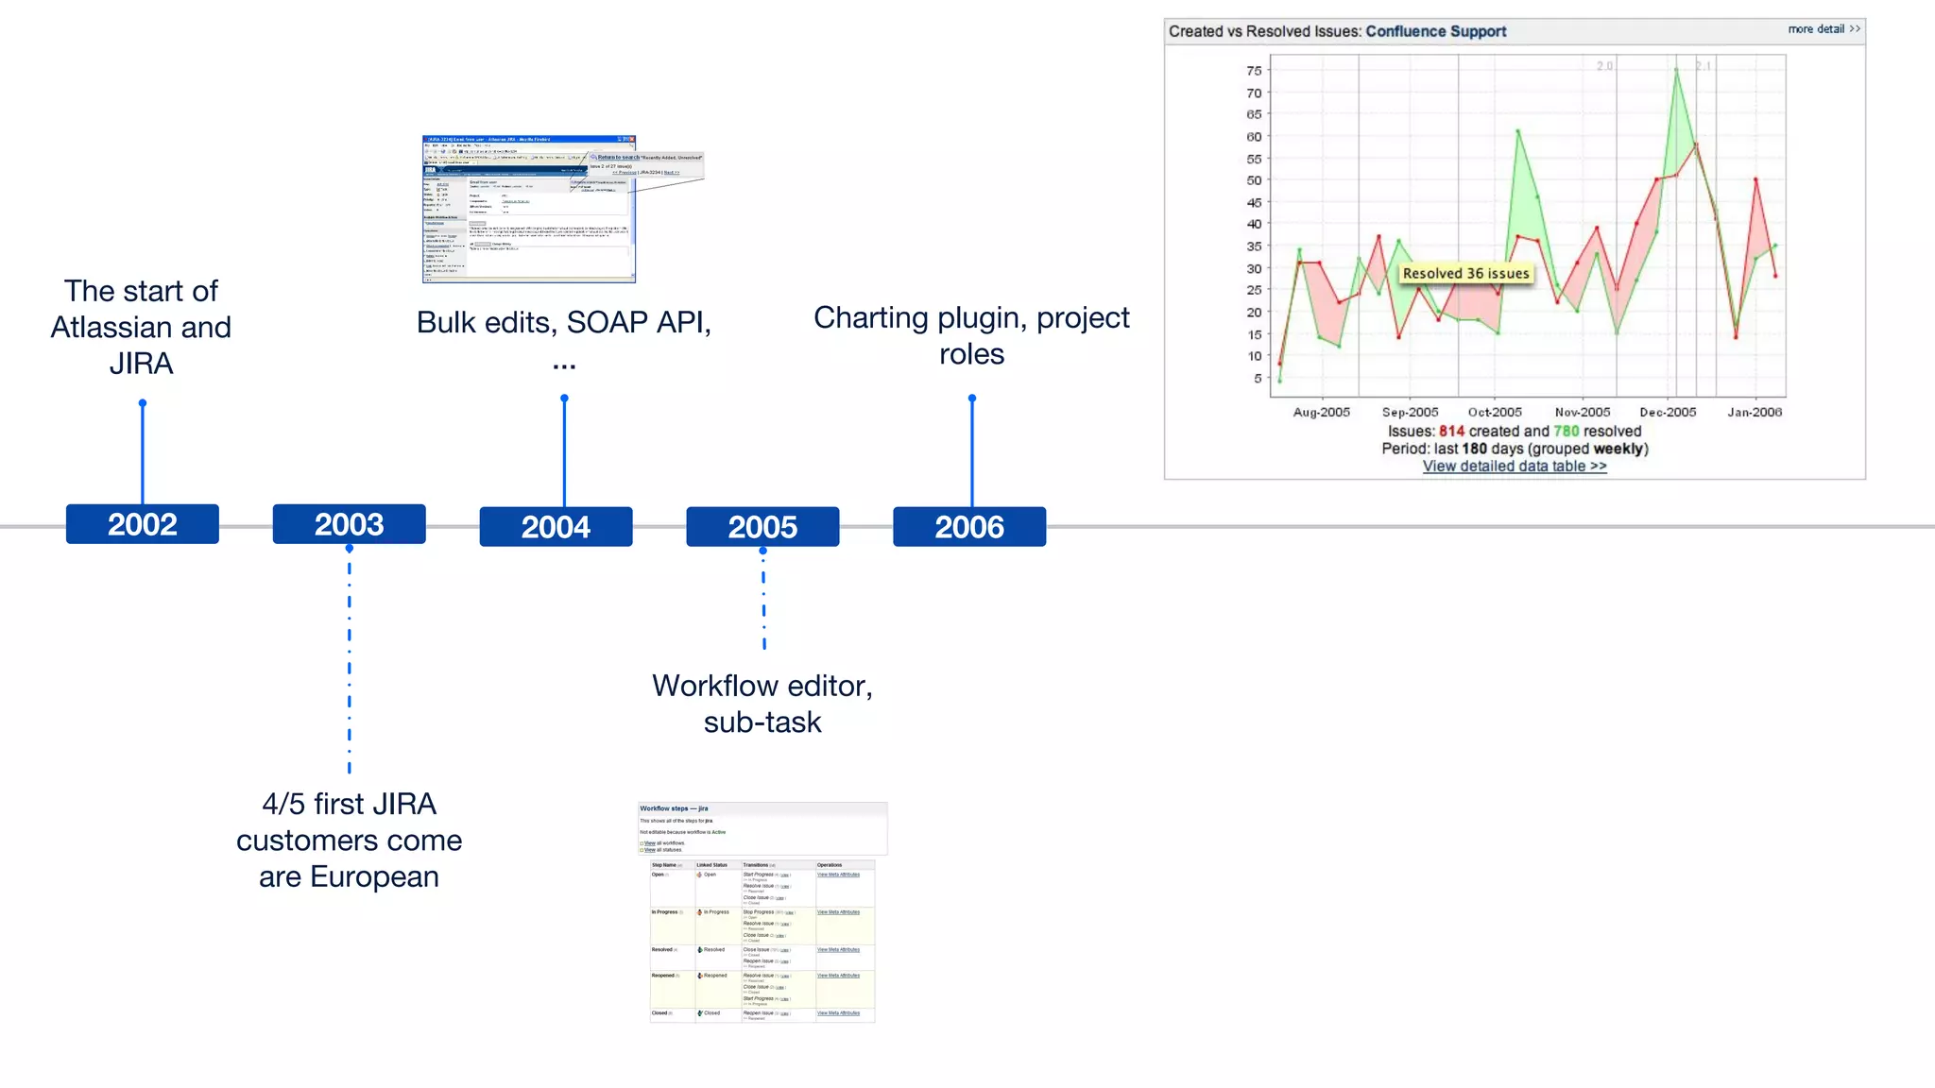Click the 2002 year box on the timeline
(142, 524)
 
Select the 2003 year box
(349, 524)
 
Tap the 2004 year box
(556, 527)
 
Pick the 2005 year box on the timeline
(762, 527)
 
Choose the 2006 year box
(969, 527)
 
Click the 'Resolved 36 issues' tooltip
(1465, 273)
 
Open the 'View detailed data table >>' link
(1515, 466)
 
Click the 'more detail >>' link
(1824, 29)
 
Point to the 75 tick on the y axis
(1254, 71)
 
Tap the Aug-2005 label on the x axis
(1321, 412)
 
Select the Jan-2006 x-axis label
(1755, 412)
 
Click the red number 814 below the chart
(1451, 431)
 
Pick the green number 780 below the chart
(1566, 431)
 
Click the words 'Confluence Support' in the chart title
(1435, 31)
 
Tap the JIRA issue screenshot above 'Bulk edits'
(529, 209)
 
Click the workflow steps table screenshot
(762, 912)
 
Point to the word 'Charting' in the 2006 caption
(871, 318)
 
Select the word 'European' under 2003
(374, 876)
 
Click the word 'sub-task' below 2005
(762, 722)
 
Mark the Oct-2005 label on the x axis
(1495, 412)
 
